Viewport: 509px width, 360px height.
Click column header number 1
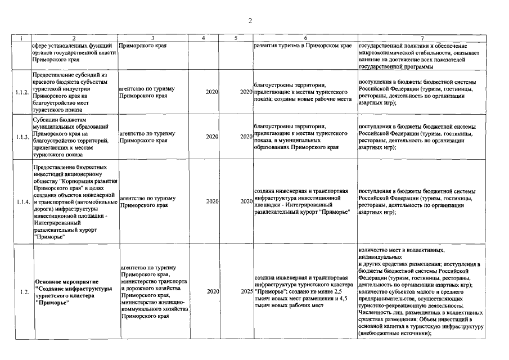(x=21, y=38)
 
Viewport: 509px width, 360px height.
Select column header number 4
(x=203, y=38)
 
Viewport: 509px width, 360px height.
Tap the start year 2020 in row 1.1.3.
(x=212, y=137)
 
